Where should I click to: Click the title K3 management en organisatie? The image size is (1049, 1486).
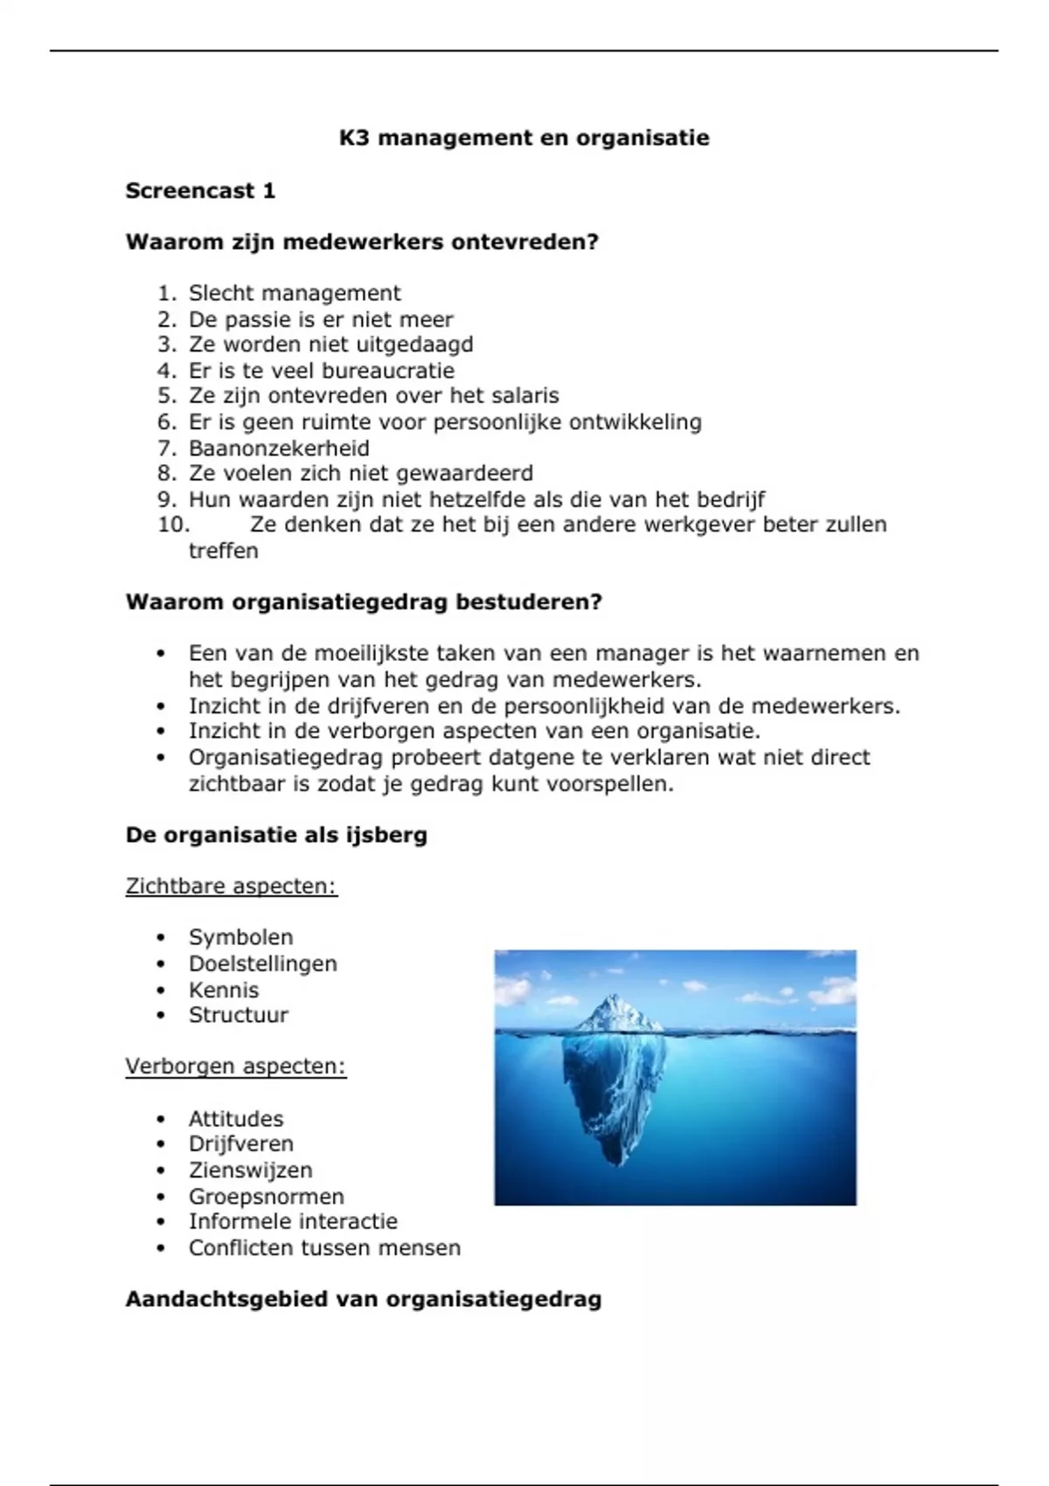point(524,138)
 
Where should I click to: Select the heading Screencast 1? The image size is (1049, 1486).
point(200,191)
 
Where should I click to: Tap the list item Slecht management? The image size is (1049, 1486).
point(295,293)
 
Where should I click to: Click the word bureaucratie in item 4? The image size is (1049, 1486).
point(388,370)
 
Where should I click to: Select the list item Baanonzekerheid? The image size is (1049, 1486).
point(279,448)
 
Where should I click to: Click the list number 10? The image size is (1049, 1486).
point(173,524)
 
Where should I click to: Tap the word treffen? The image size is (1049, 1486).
point(224,551)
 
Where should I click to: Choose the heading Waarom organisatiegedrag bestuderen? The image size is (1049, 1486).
point(364,602)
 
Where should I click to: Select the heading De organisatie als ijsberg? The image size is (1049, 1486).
point(276,835)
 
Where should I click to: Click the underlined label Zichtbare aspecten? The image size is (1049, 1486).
point(231,886)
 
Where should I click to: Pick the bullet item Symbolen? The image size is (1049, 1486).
point(240,937)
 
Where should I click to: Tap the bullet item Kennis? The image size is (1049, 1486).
point(224,990)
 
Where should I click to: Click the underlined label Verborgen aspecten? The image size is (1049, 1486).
point(235,1066)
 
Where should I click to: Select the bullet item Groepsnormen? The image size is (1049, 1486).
point(266,1196)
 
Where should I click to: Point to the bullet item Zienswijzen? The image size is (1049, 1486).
point(250,1170)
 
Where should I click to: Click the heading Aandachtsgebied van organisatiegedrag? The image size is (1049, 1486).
point(363,1299)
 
